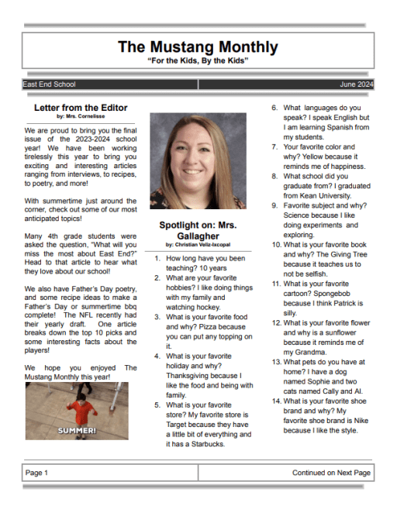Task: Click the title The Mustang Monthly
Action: pos(198,46)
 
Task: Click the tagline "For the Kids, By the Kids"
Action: pos(198,60)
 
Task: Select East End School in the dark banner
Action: pos(49,84)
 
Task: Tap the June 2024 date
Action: pos(356,84)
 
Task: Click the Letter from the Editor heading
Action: pos(81,108)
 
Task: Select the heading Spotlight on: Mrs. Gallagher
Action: pos(198,230)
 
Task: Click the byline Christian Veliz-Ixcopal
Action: pos(198,244)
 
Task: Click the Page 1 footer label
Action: pos(37,472)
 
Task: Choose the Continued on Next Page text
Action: pos(331,472)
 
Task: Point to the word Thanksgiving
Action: pos(192,375)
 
